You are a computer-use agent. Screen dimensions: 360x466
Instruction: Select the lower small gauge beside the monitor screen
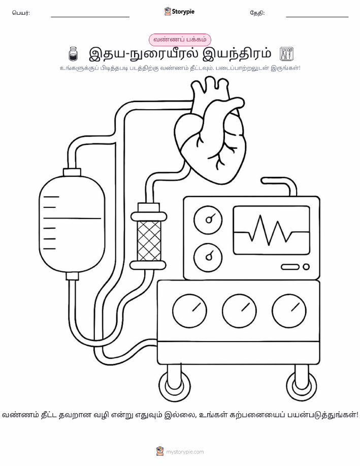[x=208, y=257]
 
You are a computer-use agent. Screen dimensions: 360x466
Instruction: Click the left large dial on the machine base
[x=189, y=311]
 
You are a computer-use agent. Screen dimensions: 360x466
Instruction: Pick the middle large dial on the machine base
[x=239, y=311]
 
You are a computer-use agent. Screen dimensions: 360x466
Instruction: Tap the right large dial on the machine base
[x=289, y=311]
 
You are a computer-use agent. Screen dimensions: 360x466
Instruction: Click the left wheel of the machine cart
[x=174, y=386]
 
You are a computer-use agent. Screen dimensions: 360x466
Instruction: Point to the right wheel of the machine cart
[x=301, y=386]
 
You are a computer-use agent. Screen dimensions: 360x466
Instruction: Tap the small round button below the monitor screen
[x=306, y=267]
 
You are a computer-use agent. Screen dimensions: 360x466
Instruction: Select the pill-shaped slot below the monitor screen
[x=290, y=267]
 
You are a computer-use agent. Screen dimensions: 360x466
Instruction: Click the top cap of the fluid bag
[x=72, y=172]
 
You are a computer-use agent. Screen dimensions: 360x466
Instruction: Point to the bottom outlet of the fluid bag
[x=72, y=276]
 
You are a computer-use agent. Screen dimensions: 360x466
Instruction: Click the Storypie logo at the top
[x=179, y=12]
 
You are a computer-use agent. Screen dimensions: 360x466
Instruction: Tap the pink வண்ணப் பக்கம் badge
[x=180, y=40]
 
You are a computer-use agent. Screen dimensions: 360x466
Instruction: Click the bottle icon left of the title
[x=73, y=54]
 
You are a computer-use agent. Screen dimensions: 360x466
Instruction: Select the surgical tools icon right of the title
[x=287, y=54]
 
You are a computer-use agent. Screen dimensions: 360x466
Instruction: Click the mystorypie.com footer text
[x=185, y=452]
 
